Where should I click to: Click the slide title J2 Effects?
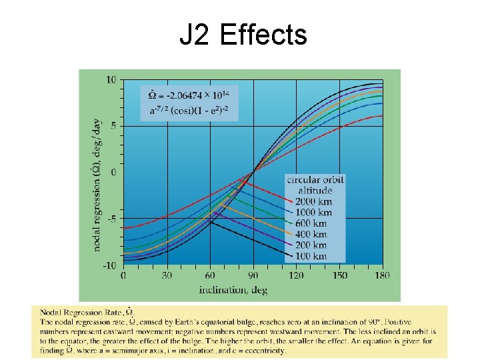[x=243, y=35]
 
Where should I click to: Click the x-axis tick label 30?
[x=167, y=276]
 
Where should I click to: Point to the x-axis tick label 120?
[x=296, y=276]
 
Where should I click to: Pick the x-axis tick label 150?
[x=339, y=276]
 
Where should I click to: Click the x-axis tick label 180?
[x=381, y=276]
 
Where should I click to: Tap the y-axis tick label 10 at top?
[x=111, y=80]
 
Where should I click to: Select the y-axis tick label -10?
[x=109, y=265]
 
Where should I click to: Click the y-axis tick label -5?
[x=112, y=219]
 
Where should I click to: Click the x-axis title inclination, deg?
[x=232, y=289]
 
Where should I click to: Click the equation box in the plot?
[x=189, y=103]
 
